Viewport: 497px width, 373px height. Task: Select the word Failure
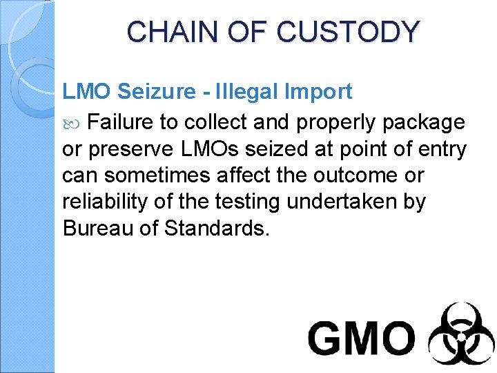[x=121, y=122]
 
